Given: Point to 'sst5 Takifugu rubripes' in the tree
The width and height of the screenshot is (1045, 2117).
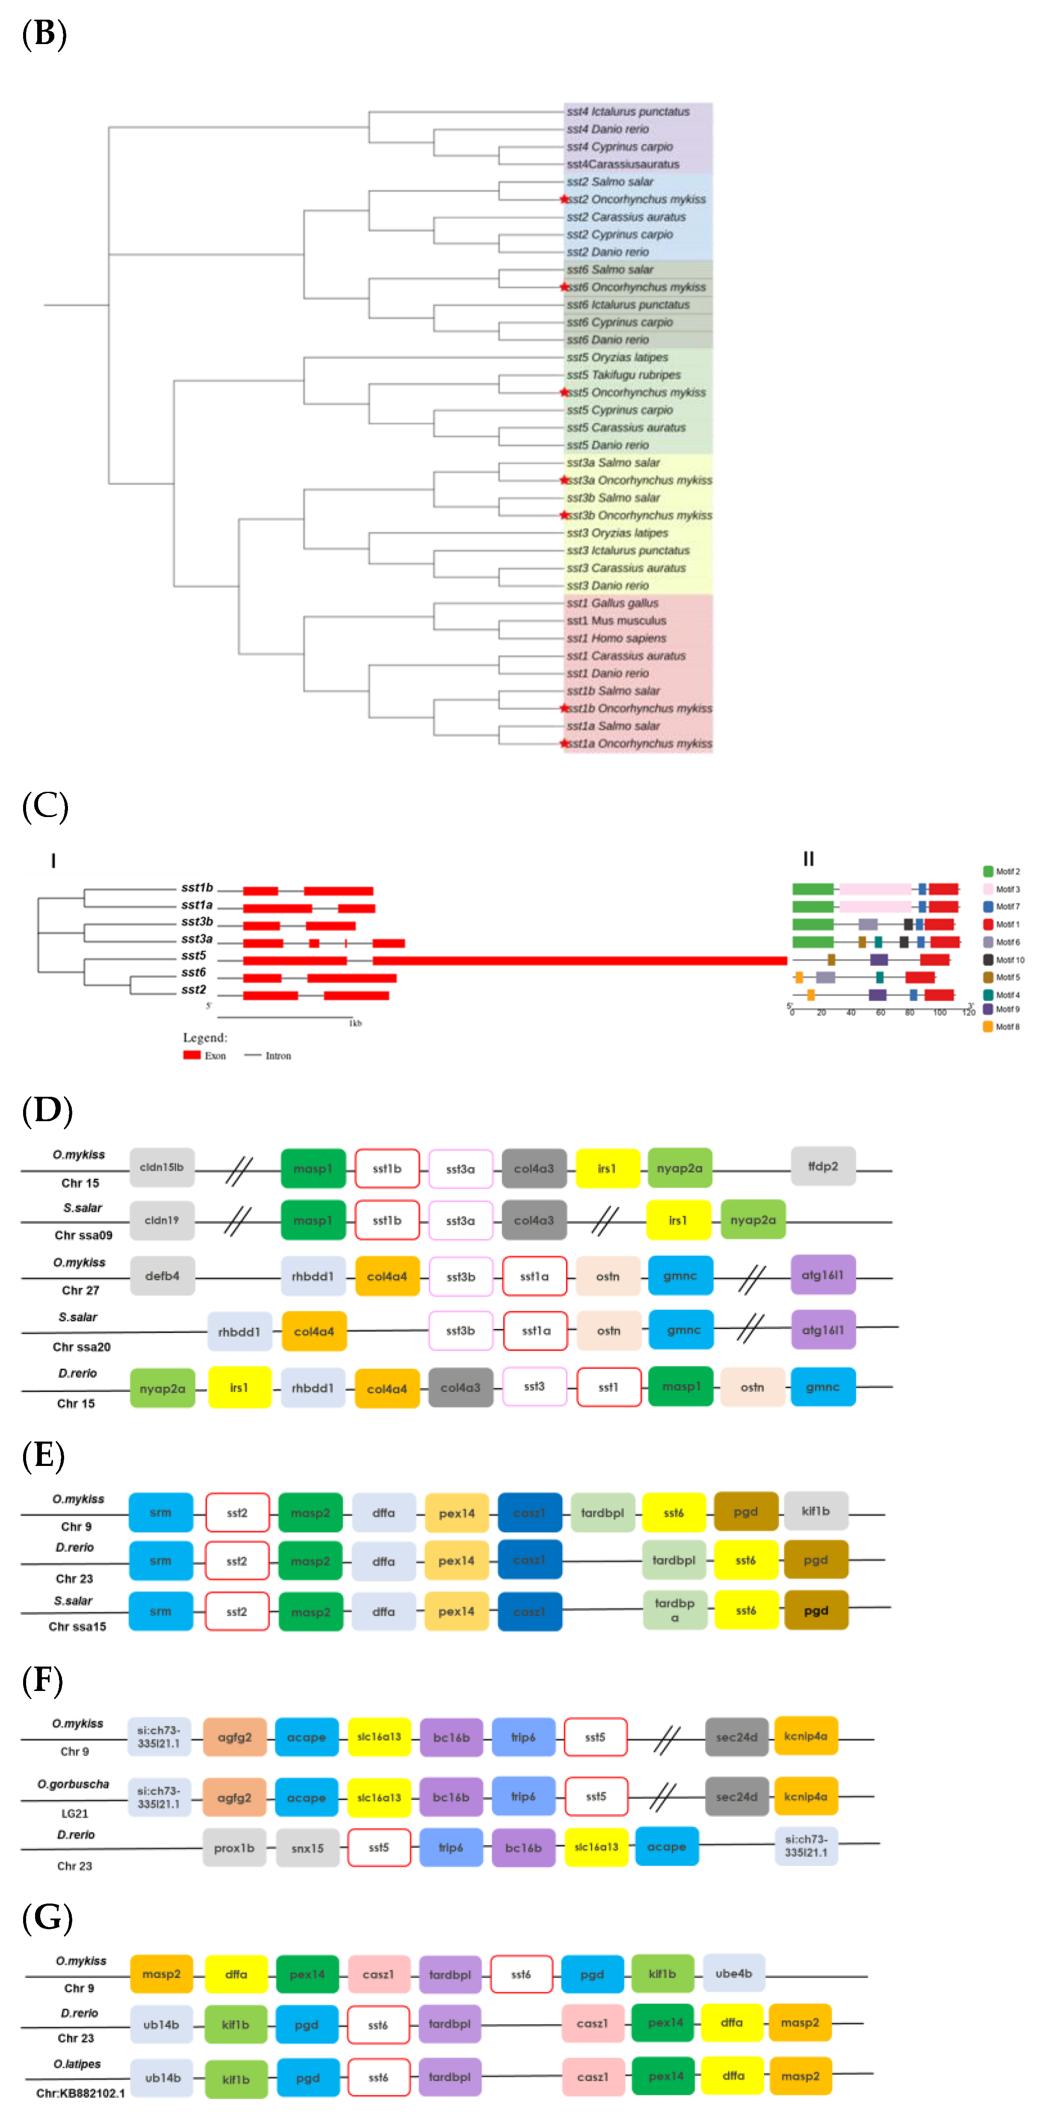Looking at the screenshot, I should tap(623, 375).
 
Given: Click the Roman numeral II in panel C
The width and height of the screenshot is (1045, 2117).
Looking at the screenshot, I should tap(809, 859).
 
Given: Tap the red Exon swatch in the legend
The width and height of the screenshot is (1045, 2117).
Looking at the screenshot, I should tap(192, 1055).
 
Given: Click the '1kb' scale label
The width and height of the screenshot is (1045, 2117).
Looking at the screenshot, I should tap(355, 1023).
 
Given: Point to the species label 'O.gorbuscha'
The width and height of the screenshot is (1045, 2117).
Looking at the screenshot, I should tap(73, 1784).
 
